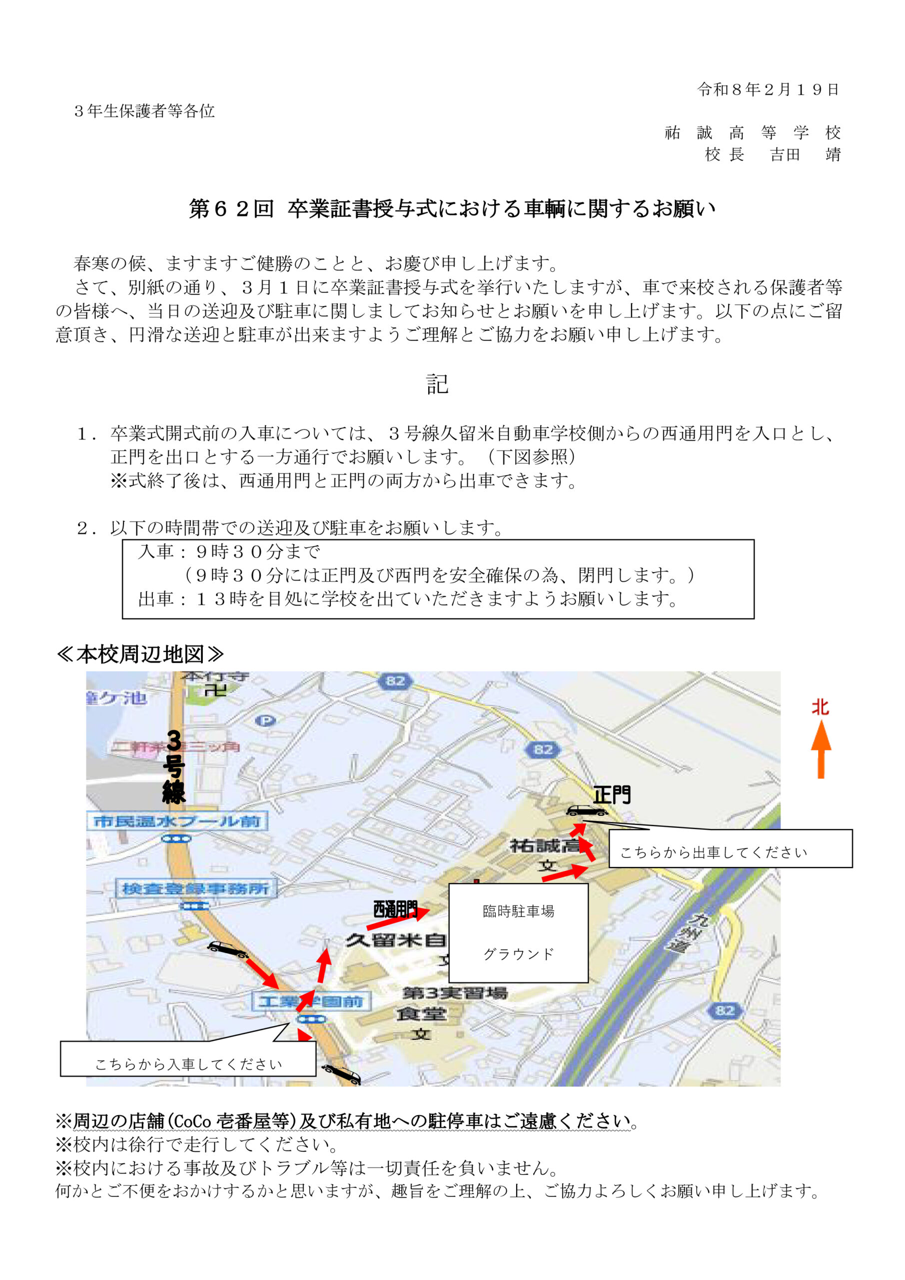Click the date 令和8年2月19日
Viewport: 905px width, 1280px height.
pos(768,90)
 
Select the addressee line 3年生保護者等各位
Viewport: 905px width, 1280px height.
pos(144,111)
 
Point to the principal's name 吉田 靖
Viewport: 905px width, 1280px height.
pos(805,154)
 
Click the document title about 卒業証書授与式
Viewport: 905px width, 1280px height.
pos(452,208)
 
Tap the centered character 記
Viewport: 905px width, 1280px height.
pos(437,384)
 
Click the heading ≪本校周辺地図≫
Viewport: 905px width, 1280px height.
pos(140,654)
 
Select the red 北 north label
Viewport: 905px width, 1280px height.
pos(820,707)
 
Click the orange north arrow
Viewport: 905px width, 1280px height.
pos(820,748)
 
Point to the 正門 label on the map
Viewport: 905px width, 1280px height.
pos(611,795)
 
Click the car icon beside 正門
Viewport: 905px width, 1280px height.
pos(586,811)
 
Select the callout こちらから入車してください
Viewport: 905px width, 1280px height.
pos(188,1064)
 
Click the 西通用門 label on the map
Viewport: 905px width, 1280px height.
pos(395,910)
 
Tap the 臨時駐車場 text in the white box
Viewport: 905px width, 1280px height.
pos(518,911)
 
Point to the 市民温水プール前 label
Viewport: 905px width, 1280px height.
pos(177,820)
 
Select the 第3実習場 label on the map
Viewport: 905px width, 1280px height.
pos(455,992)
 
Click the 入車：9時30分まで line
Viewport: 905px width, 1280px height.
pos(229,551)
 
